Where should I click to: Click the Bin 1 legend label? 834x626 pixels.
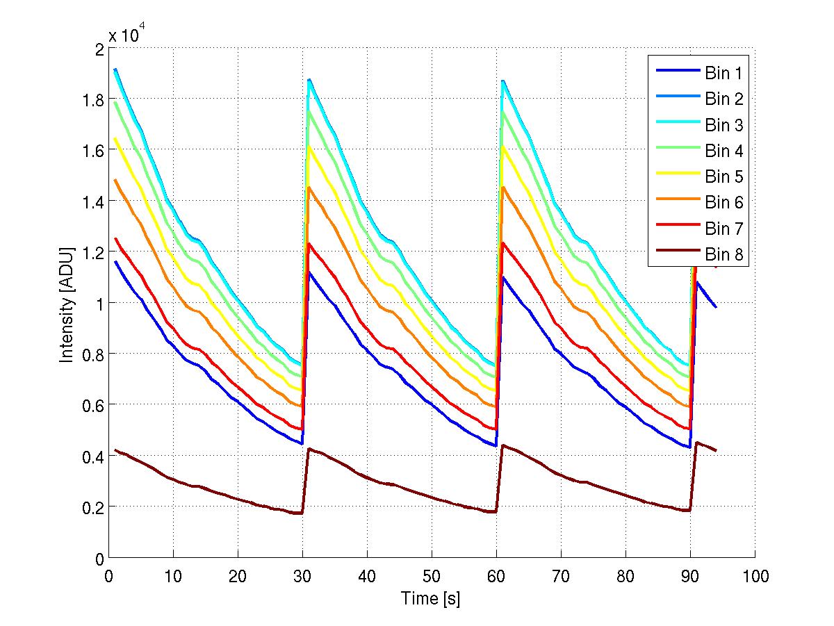coord(724,74)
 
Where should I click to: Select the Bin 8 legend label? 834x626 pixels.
coord(724,255)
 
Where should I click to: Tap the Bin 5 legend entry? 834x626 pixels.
coord(724,177)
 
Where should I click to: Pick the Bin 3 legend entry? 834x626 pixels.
coord(724,125)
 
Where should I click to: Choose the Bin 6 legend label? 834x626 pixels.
coord(724,203)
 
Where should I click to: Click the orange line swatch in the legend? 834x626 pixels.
coord(675,203)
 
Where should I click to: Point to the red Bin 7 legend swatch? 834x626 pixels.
coord(675,229)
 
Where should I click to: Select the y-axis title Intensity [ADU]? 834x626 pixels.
coord(67,304)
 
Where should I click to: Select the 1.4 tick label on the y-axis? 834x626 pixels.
coord(92,201)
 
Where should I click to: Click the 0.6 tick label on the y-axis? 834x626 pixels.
coord(92,405)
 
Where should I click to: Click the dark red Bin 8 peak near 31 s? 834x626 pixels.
coord(309,449)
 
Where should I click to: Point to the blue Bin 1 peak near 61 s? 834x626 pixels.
coord(503,277)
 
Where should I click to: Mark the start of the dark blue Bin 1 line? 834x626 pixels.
coord(115,262)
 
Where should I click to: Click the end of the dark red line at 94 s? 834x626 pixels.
coord(716,451)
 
